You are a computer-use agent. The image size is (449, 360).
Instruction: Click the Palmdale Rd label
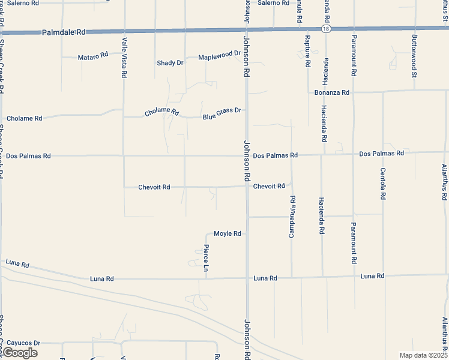point(64,33)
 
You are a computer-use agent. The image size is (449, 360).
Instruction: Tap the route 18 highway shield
point(325,28)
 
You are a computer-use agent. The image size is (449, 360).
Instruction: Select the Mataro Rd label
point(93,57)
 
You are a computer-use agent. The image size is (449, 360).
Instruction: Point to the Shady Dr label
point(170,63)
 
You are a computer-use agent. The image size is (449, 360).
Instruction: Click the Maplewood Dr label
point(219,55)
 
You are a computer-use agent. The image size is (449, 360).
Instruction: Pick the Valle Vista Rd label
point(124,58)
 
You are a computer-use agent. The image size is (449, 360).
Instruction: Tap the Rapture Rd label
point(307,51)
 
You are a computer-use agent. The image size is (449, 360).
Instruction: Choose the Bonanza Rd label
point(332,92)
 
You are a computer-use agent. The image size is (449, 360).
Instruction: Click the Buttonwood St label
point(414,56)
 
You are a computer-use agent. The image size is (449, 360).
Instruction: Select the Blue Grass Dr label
point(221,111)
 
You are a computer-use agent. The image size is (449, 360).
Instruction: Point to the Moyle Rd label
point(228,233)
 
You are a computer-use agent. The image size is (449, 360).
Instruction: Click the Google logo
point(19,353)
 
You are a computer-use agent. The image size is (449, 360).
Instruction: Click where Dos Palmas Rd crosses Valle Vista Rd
point(124,155)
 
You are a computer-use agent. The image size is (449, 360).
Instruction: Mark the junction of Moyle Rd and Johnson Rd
point(247,233)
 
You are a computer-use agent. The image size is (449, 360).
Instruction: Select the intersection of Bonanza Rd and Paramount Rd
point(354,92)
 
